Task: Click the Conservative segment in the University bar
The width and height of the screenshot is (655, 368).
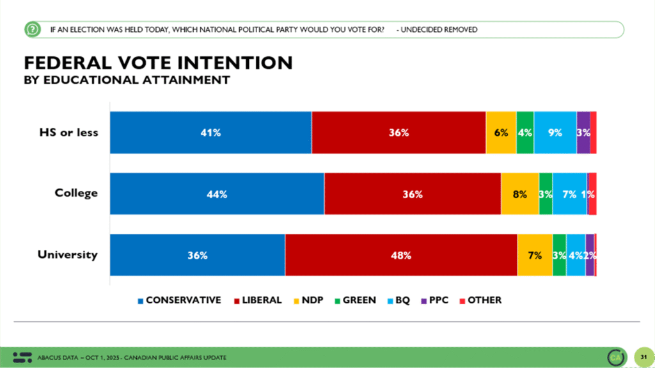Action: coord(197,256)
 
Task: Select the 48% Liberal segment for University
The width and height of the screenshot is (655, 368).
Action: coord(401,256)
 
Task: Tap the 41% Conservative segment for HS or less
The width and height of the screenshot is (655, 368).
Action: coord(210,133)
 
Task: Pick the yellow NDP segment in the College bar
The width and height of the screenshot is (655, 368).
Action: coord(520,194)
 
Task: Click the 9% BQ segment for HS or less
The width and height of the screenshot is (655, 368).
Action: coord(555,133)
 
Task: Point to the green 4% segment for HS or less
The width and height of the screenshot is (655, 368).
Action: coord(525,133)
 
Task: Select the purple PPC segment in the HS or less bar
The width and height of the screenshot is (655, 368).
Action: coord(583,133)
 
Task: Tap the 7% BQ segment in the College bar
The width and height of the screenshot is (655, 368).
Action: coord(569,194)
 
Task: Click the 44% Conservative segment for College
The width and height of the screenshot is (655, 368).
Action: coord(217,194)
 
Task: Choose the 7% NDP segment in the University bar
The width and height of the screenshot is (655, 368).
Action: coord(535,256)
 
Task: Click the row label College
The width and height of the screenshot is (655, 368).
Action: coord(76,193)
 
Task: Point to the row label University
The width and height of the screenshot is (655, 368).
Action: coord(67,254)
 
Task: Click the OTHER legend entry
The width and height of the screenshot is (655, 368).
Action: coord(480,300)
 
